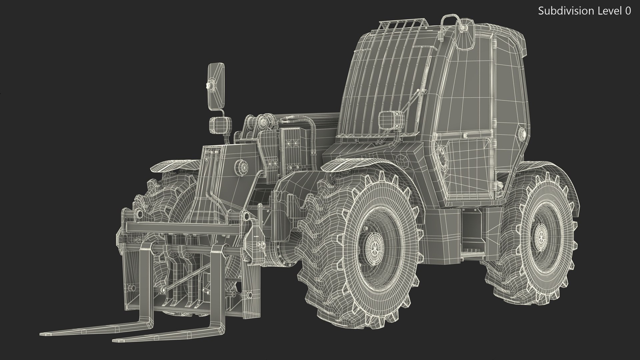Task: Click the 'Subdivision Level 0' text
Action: click(x=584, y=11)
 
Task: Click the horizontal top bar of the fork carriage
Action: click(x=183, y=228)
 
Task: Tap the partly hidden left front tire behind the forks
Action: click(x=163, y=197)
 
